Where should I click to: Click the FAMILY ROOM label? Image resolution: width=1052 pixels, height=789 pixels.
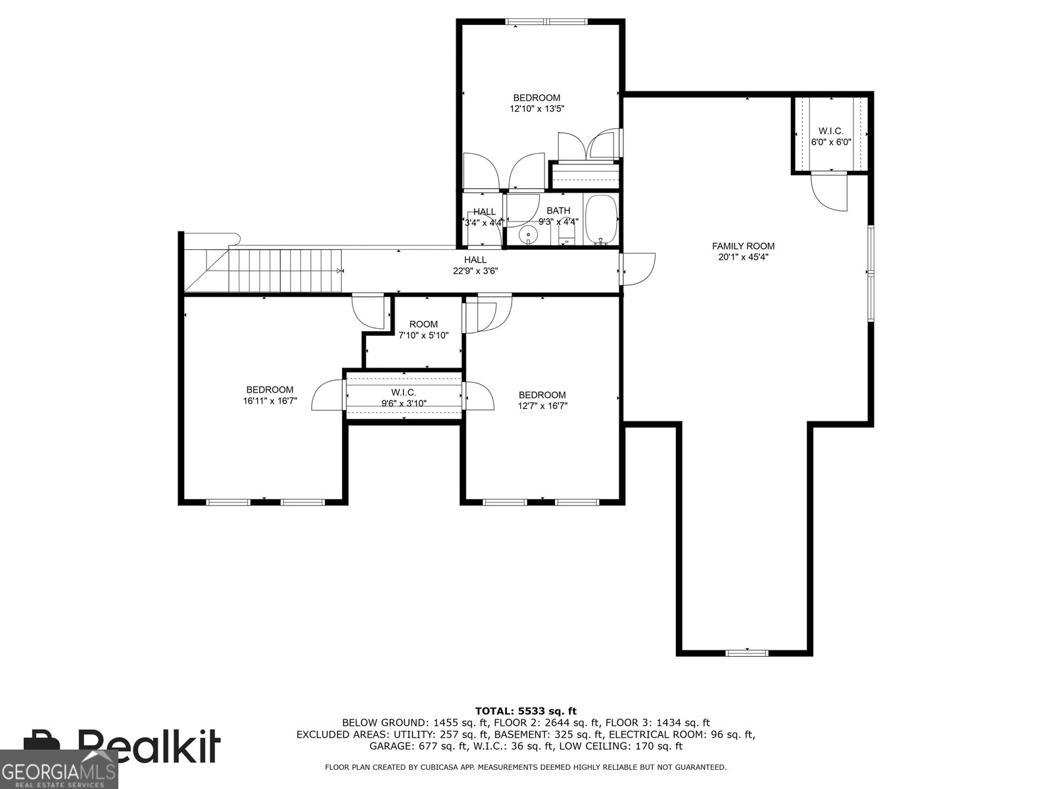743,246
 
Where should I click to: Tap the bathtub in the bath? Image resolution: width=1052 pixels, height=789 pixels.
600,220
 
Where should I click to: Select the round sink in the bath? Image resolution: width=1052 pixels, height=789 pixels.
528,235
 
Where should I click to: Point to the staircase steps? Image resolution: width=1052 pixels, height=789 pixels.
285,270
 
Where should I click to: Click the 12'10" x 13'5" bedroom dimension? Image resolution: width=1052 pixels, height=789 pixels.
537,108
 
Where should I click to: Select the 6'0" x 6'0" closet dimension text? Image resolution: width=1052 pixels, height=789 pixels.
831,142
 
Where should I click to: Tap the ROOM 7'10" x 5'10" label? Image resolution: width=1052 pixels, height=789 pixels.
423,329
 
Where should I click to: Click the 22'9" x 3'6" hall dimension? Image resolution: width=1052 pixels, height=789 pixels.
475,271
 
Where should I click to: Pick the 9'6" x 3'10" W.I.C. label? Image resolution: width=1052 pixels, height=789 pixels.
404,398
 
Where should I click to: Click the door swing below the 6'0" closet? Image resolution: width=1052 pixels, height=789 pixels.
829,192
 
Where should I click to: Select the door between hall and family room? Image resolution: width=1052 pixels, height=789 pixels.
637,269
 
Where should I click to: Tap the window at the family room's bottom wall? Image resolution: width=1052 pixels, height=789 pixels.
747,652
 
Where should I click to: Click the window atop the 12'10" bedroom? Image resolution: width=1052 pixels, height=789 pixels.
546,22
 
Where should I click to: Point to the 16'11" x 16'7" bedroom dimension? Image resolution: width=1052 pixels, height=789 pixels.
270,401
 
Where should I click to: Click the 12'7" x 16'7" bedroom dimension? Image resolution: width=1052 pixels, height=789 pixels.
542,406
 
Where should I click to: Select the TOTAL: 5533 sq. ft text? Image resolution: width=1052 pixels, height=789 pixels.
526,711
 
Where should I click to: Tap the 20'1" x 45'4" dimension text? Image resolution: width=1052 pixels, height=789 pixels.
743,257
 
